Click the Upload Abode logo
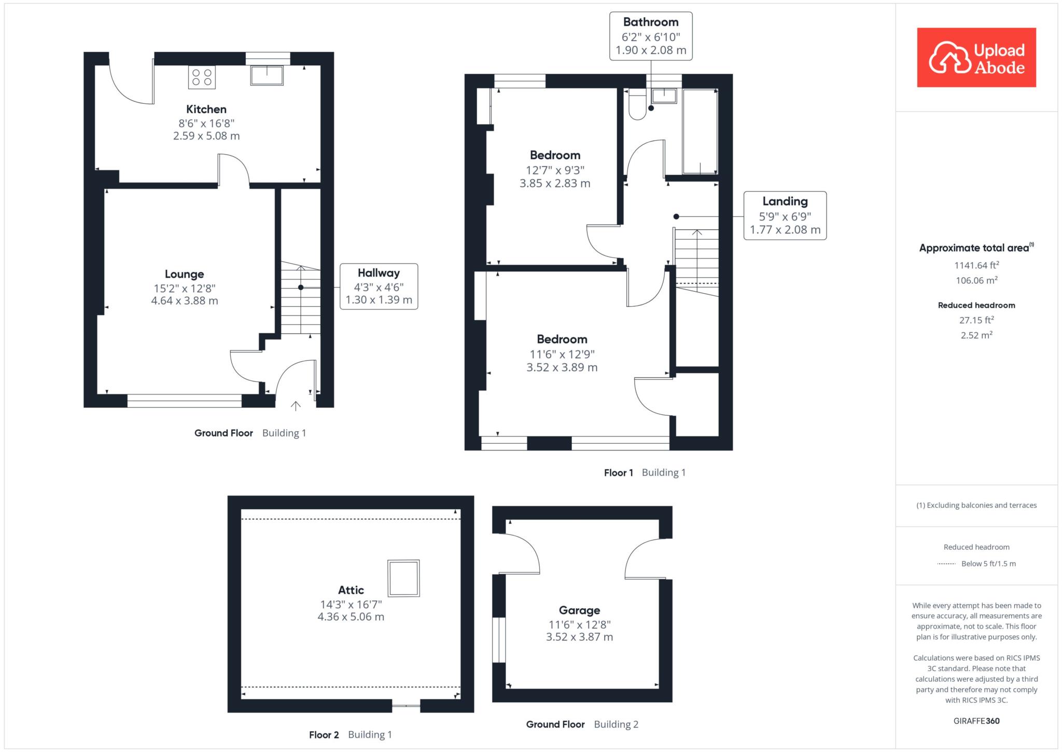point(976,58)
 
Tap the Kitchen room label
point(206,110)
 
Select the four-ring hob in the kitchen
point(202,77)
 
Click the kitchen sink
point(267,75)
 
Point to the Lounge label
point(185,274)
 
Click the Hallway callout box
point(379,286)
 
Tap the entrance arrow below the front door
point(296,406)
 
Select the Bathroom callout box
point(651,36)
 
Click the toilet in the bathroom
point(636,104)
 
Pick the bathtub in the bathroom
point(700,131)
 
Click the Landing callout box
point(785,216)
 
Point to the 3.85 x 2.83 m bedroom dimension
point(555,183)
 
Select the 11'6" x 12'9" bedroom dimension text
point(562,354)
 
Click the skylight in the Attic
point(404,578)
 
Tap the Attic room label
point(351,590)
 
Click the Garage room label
point(579,611)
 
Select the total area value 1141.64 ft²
point(976,265)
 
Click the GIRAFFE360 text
point(976,721)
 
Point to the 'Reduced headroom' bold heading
point(976,305)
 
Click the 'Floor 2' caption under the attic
point(324,735)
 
